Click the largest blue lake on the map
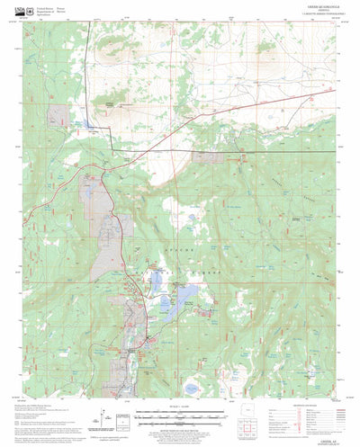(x=186, y=296)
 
